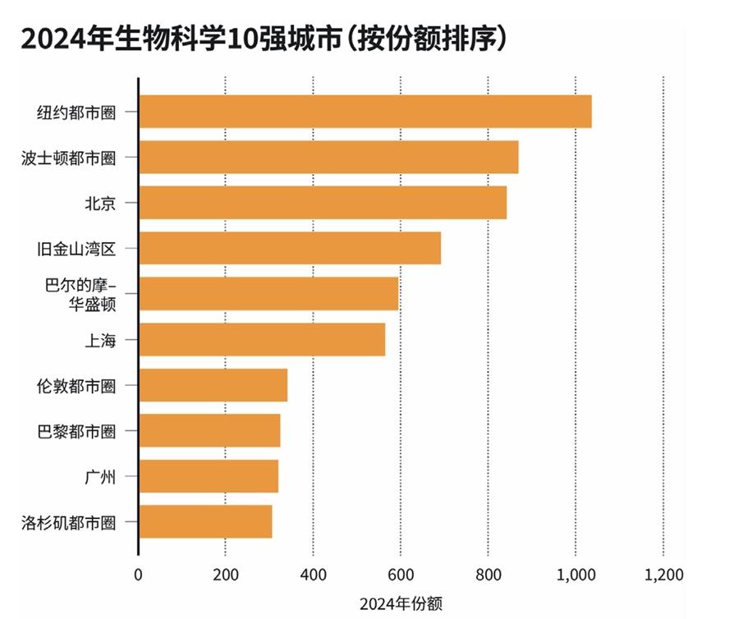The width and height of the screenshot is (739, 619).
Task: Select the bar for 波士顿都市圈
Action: pyautogui.click(x=328, y=157)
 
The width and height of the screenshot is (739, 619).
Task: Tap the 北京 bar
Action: pyautogui.click(x=323, y=203)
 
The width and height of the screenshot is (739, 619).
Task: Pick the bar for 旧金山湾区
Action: pyautogui.click(x=290, y=248)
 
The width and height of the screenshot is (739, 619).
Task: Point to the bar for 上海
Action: pyautogui.click(x=262, y=340)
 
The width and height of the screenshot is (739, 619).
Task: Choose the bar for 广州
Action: pyautogui.click(x=209, y=476)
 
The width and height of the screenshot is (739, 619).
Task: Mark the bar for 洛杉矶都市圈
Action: pyautogui.click(x=205, y=522)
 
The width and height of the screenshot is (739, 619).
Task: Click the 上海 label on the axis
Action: pyautogui.click(x=99, y=340)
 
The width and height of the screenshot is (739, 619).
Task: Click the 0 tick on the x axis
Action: pyautogui.click(x=138, y=574)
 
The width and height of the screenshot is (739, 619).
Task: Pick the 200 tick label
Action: pyautogui.click(x=226, y=574)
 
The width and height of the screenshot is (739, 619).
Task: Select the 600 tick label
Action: pyautogui.click(x=401, y=574)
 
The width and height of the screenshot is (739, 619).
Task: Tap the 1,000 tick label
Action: pyautogui.click(x=576, y=574)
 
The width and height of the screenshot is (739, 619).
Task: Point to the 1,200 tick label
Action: pyautogui.click(x=663, y=574)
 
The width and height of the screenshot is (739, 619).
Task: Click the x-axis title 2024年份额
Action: pyautogui.click(x=401, y=604)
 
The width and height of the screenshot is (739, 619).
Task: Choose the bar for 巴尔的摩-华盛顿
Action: pyautogui.click(x=269, y=294)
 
